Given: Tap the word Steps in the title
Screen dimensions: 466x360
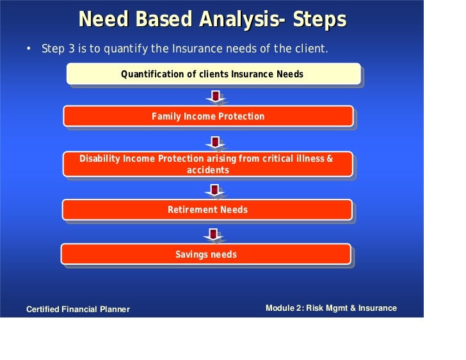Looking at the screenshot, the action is [319, 19].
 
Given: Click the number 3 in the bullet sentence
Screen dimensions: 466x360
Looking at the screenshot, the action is [71, 49].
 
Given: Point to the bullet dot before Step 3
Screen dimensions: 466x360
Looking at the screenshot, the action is [29, 49].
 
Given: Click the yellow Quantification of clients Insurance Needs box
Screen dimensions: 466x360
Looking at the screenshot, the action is [213, 74].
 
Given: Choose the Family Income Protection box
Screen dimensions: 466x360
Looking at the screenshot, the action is [208, 116].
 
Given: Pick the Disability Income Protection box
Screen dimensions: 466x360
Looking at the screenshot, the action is [208, 164].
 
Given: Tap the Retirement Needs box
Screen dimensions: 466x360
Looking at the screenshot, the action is [207, 210].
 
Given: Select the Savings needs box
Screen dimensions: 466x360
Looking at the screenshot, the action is [206, 254].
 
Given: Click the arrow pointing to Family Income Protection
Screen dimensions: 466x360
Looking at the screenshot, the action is [216, 97].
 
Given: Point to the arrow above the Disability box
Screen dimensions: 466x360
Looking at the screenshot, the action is [215, 142].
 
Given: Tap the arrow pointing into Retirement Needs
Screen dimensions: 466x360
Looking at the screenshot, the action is [214, 191].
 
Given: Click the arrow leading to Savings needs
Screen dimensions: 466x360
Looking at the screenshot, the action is [213, 235].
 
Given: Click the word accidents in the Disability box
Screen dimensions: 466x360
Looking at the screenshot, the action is [208, 170].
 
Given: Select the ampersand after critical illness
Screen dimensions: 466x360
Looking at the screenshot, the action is [330, 159].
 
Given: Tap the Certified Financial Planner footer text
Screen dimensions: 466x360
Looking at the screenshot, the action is [78, 309].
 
